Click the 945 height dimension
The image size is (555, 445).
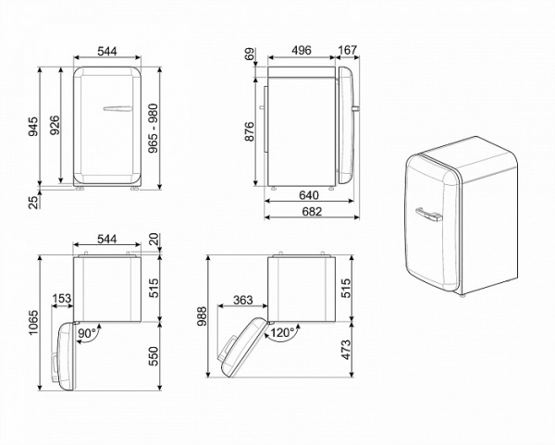[x=31, y=127]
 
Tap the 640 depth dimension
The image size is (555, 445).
[x=308, y=196]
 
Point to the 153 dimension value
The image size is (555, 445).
[x=63, y=299]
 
